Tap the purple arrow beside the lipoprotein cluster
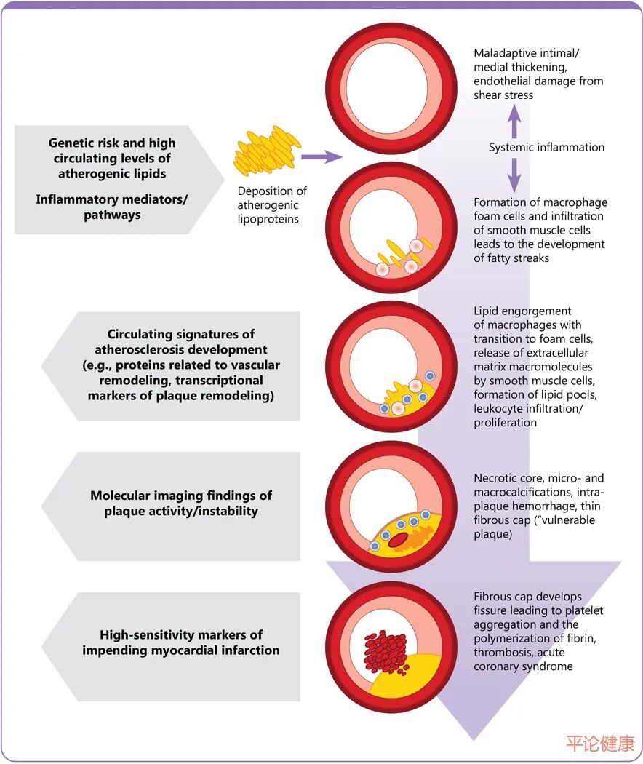click(x=320, y=156)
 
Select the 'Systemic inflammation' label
click(x=546, y=147)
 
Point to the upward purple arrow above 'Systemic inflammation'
click(x=514, y=121)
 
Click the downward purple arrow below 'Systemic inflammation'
click(x=514, y=174)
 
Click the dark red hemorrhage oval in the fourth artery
click(x=397, y=540)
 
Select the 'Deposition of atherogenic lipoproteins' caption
click(x=271, y=204)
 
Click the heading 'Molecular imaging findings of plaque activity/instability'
click(x=181, y=503)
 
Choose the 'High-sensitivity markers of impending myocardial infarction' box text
click(x=181, y=642)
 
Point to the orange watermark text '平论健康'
click(x=601, y=743)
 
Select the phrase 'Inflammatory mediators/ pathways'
click(x=112, y=207)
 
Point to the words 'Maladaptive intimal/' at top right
click(x=527, y=54)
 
